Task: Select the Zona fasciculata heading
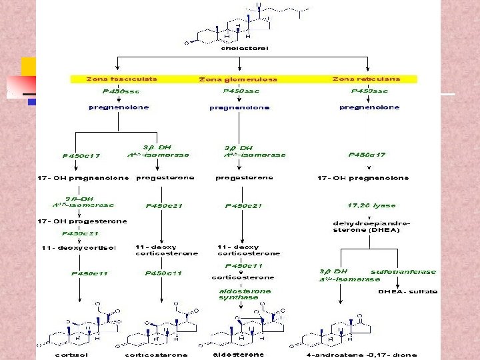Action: [121, 79]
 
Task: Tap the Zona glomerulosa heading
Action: [237, 79]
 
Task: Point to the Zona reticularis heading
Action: [366, 79]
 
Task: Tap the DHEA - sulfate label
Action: [407, 291]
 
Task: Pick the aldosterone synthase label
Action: [245, 294]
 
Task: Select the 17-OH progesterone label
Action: [83, 221]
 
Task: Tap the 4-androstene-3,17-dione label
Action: [362, 355]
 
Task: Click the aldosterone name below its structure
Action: [237, 355]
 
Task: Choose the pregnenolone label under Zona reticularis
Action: [369, 107]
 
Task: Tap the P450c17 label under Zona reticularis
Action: [367, 155]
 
